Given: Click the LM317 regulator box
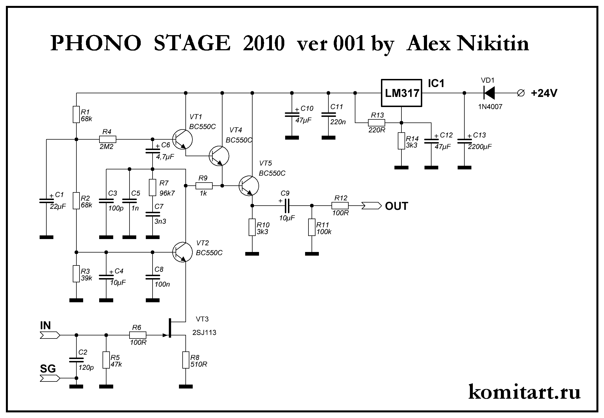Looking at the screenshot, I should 401,93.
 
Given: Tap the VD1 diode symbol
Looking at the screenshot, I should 489,93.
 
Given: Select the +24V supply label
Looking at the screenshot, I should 544,93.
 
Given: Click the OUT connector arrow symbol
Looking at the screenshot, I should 371,206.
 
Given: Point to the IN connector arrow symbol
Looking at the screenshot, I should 50,335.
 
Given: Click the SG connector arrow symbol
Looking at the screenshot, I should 50,379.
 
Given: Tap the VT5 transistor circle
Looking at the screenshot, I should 249,186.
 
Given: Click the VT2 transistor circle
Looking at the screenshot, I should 182,252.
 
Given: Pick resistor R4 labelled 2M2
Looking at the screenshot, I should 108,139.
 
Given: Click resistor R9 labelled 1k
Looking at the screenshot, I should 204,186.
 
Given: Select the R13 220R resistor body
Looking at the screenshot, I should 376,123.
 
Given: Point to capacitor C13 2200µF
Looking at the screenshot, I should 464,141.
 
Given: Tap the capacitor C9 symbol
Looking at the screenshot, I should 286,206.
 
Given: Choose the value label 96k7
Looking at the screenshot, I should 167,193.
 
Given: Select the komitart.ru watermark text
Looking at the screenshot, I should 524,392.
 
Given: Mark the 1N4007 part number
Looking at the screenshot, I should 490,107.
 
